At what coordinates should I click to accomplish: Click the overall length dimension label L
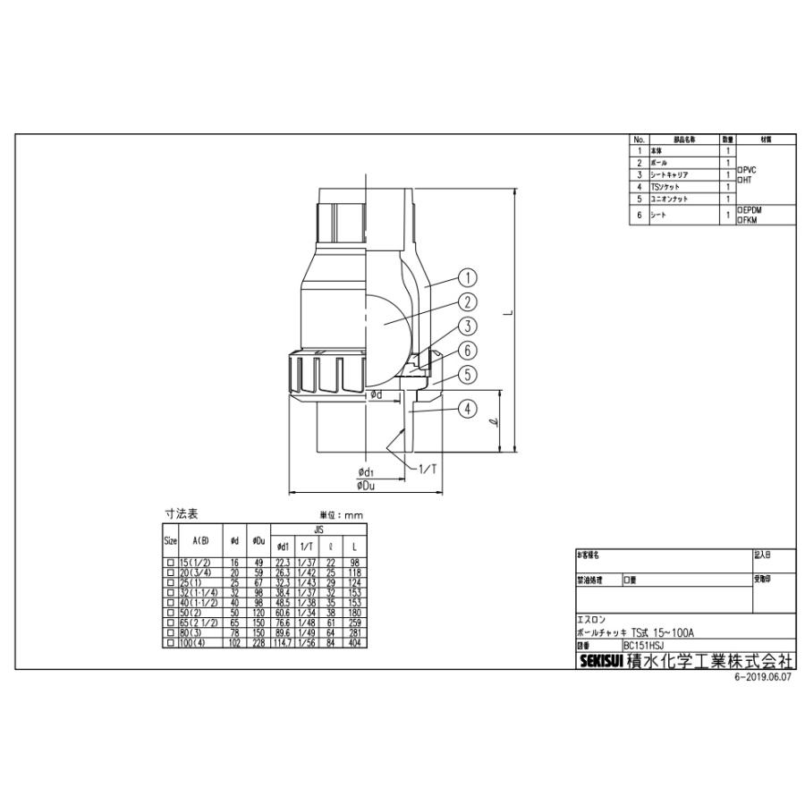(x=506, y=313)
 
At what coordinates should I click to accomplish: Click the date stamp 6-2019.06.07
(x=763, y=677)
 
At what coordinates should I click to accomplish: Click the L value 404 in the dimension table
(x=354, y=643)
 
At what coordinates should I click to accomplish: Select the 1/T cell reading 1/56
(x=306, y=643)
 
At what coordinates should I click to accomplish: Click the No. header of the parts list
(x=640, y=140)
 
